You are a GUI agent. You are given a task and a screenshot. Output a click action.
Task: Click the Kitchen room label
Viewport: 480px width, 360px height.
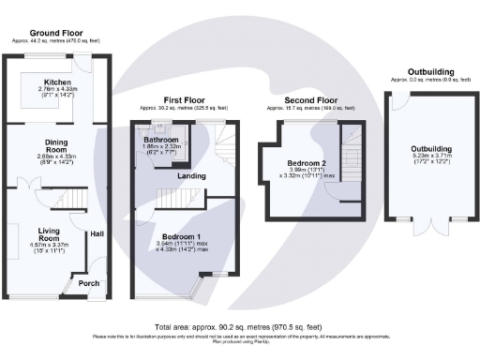(58, 82)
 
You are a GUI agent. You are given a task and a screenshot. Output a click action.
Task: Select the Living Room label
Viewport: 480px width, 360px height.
(49, 234)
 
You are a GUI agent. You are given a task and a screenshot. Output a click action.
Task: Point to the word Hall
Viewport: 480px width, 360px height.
(96, 234)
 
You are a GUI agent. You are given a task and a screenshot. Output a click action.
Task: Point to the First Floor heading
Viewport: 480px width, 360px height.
(184, 98)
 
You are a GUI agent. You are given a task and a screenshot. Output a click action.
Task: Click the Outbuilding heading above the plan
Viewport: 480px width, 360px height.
(430, 72)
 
